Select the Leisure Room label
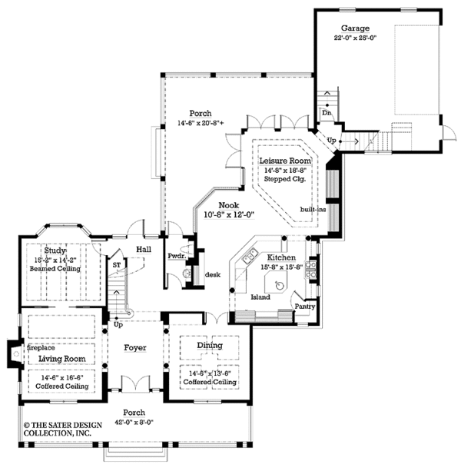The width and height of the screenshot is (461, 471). [x=283, y=160]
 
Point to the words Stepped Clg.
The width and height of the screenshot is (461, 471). [x=283, y=178]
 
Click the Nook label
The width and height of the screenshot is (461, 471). [x=228, y=205]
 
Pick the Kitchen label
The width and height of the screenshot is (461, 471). [x=280, y=258]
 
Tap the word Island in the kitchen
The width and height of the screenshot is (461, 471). [x=260, y=296]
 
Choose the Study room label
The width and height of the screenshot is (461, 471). [x=55, y=251]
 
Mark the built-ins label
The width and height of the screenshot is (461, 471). [x=312, y=208]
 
